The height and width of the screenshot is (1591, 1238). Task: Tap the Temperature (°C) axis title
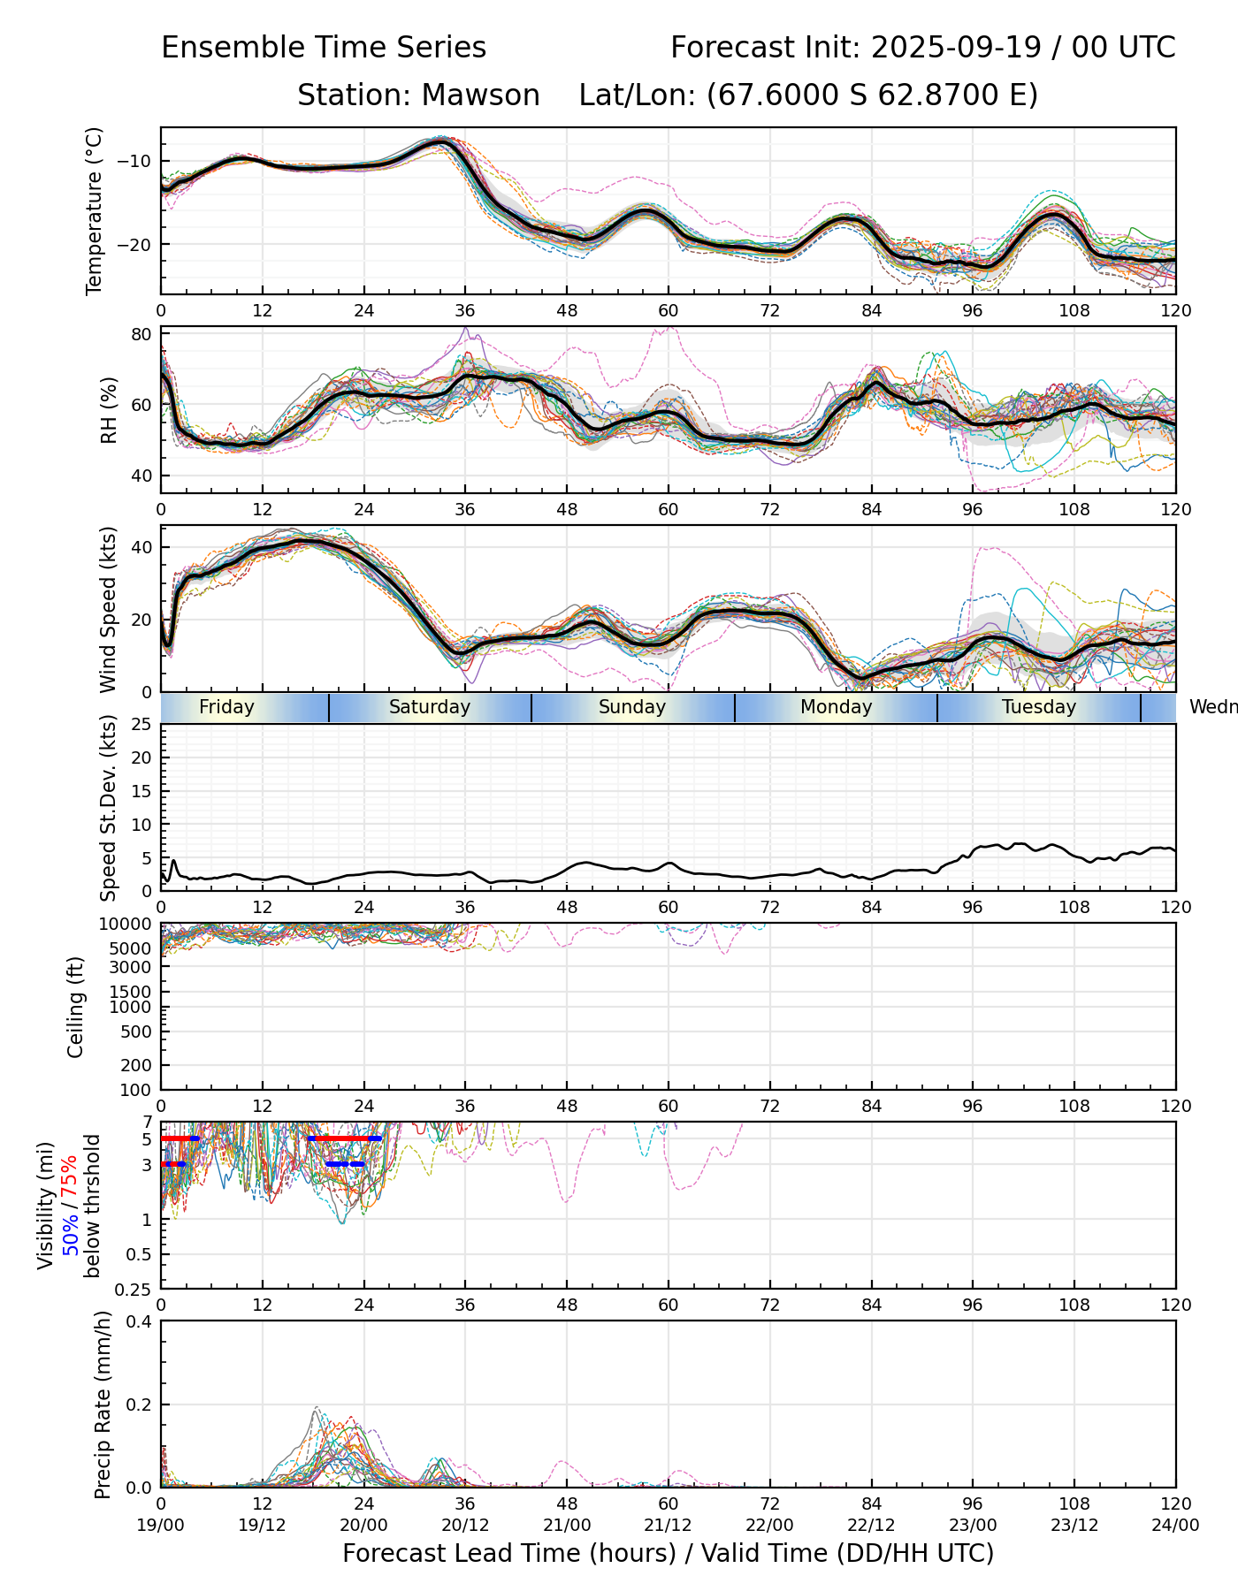[x=95, y=210]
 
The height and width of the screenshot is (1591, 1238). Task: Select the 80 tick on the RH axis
[x=142, y=334]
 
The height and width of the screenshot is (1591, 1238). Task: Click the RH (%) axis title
[x=109, y=409]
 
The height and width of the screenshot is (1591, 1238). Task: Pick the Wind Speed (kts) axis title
[x=108, y=609]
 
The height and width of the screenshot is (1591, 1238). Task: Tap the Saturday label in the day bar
[x=430, y=707]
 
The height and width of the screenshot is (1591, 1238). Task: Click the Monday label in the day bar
[x=836, y=707]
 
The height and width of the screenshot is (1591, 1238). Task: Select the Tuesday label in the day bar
[x=1038, y=707]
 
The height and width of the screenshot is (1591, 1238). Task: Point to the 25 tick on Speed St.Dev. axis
[x=141, y=725]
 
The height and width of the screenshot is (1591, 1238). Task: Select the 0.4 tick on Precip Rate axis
[x=140, y=1321]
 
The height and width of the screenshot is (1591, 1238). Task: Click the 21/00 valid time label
[x=567, y=1525]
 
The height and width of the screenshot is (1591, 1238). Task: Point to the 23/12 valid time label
[x=1074, y=1525]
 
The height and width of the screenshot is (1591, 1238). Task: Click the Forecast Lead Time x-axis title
[x=668, y=1553]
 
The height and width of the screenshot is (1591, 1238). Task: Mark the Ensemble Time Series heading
[x=324, y=48]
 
